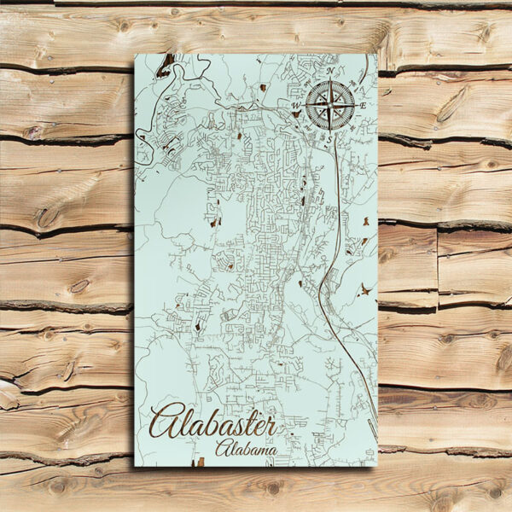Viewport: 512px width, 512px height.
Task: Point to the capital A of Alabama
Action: coord(224,448)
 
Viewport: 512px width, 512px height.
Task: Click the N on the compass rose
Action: coord(329,71)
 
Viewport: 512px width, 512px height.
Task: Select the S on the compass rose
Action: coord(329,138)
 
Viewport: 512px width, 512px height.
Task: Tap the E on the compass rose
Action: coord(364,105)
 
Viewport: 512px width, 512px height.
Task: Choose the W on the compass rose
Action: coord(296,106)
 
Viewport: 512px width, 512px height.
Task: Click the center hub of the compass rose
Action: coord(329,105)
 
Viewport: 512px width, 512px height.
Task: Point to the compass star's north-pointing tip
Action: coord(329,79)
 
